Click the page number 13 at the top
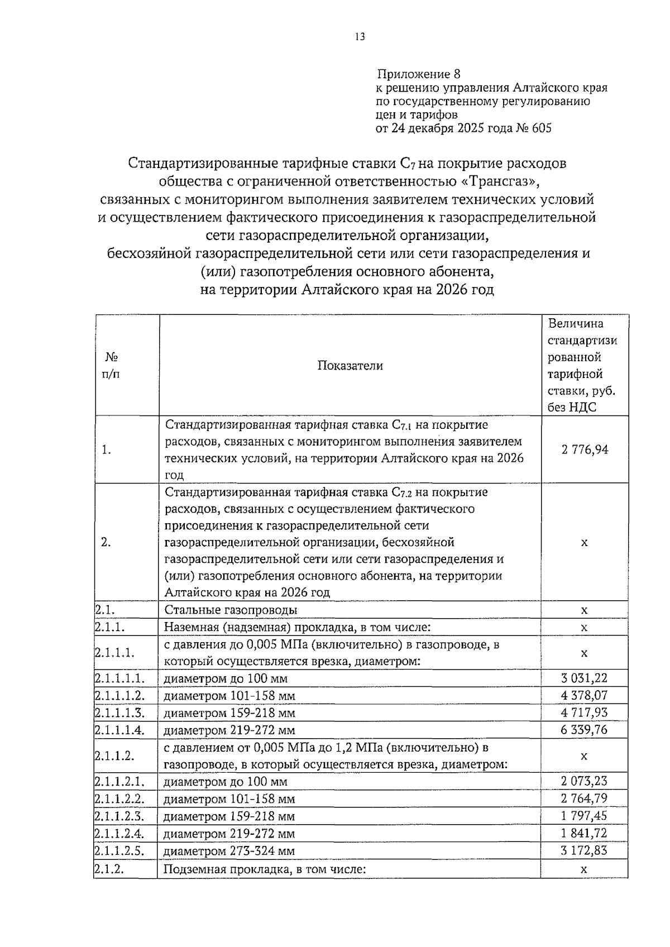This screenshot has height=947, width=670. pos(360,37)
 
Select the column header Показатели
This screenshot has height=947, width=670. pos(350,366)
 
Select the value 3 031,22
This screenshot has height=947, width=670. pos(585,678)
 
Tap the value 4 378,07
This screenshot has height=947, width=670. pos(585,696)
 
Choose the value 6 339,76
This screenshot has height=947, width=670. pos(585,730)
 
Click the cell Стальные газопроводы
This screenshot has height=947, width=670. pos(230,610)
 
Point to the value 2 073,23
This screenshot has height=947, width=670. pos(585,781)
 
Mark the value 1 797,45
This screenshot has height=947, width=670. pos(585,816)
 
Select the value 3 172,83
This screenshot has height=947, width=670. pos(585,850)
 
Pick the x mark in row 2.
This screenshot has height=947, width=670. pos(585,543)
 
